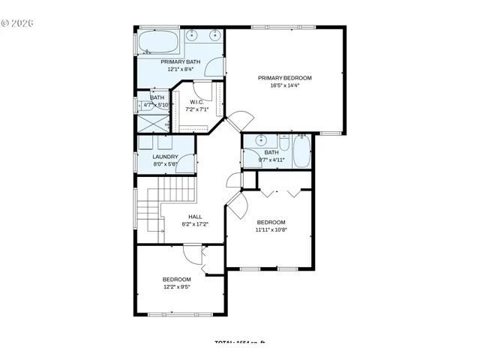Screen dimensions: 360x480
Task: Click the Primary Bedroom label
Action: [x=284, y=78]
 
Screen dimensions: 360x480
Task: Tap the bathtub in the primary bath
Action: [x=158, y=41]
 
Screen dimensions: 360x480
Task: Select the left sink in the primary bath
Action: [x=193, y=34]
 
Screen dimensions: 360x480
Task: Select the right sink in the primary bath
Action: [x=215, y=34]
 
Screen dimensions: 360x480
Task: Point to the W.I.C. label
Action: [x=197, y=102]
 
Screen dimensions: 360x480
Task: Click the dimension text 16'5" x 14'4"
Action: [x=284, y=85]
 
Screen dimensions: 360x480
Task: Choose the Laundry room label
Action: [x=165, y=157]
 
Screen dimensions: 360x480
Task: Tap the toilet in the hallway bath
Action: [x=283, y=143]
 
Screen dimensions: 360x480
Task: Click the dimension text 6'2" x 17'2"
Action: [x=194, y=223]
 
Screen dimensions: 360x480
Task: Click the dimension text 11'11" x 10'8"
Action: [x=271, y=229]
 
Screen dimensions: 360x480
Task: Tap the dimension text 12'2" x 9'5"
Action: [x=177, y=286]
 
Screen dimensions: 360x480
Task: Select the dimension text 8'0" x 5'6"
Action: [x=165, y=164]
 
